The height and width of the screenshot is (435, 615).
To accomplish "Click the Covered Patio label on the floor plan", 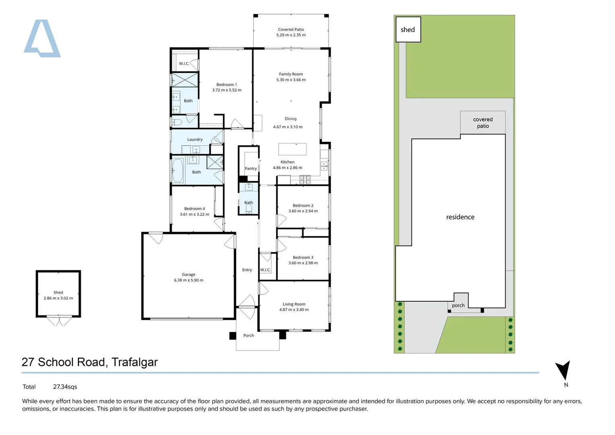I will (291, 29).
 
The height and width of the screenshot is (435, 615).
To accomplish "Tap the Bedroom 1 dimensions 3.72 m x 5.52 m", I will (227, 90).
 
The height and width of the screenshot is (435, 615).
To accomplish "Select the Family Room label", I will (291, 74).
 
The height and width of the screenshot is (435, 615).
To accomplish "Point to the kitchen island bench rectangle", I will (292, 149).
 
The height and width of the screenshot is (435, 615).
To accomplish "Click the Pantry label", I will (251, 168).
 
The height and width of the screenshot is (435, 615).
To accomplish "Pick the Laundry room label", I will (195, 139).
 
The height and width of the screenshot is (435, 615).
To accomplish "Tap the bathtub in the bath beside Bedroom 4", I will (178, 170).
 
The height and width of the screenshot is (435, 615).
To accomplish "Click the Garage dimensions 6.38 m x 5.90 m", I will (188, 280).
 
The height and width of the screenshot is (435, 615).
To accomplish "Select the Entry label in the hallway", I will (247, 270).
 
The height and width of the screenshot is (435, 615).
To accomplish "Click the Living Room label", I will (294, 304).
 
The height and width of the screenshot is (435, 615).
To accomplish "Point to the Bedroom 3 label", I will (303, 257).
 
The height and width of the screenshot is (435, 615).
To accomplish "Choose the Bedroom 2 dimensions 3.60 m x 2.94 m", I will (303, 211).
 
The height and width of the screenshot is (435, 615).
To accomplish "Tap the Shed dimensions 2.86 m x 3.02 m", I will (58, 298).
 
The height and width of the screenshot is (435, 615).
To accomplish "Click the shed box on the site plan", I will (408, 29).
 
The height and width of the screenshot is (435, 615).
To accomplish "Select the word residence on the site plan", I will (460, 217).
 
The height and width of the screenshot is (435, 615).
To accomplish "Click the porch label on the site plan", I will (458, 305).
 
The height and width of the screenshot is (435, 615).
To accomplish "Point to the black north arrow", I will (563, 369).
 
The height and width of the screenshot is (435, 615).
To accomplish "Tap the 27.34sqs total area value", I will (65, 387).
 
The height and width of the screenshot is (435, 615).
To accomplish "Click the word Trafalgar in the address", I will (135, 362).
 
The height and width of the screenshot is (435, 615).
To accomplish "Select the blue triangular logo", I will (42, 39).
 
